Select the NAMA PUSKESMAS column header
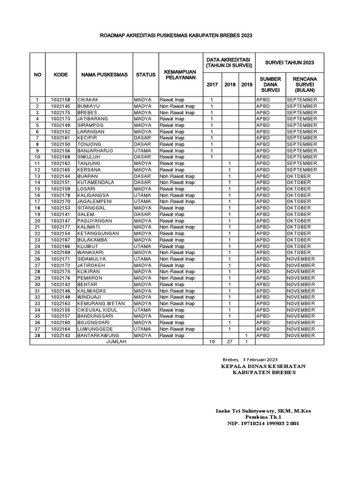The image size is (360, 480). point(104,75)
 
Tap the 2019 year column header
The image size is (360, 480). point(246,84)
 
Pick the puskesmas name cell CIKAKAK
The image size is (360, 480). point(88,100)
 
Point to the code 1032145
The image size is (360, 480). point(60,106)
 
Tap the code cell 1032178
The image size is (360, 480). point(60,195)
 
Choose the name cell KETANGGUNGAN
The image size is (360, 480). point(98,233)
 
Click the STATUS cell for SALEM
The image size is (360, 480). point(142,214)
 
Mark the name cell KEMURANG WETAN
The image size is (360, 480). point(101,303)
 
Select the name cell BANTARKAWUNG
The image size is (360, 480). point(99,335)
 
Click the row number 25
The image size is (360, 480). point(37,252)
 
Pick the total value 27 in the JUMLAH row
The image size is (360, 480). point(230,342)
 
